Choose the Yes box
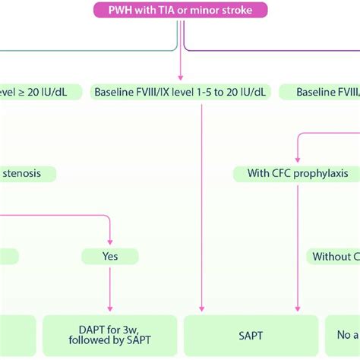coord(111,257)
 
